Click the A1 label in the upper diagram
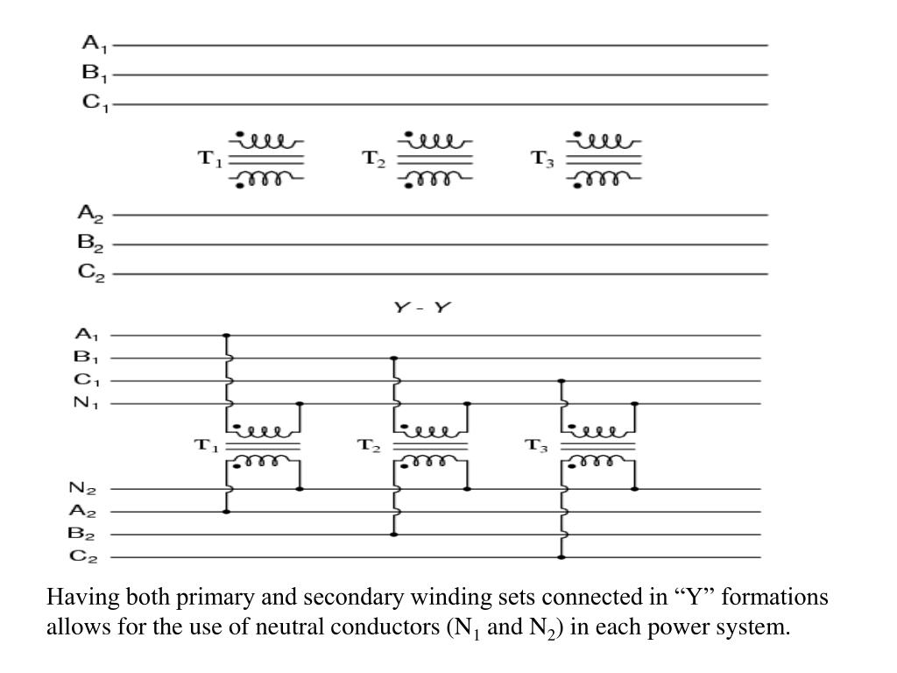(93, 43)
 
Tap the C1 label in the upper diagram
(94, 103)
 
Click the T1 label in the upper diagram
(210, 159)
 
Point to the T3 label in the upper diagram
(543, 159)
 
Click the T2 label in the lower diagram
(370, 446)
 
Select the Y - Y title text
(421, 308)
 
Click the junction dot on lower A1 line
(227, 336)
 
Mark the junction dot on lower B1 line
(394, 358)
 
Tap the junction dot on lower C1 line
(562, 381)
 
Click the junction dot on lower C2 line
(562, 556)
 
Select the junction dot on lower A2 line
(227, 511)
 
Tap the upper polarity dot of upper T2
(408, 133)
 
